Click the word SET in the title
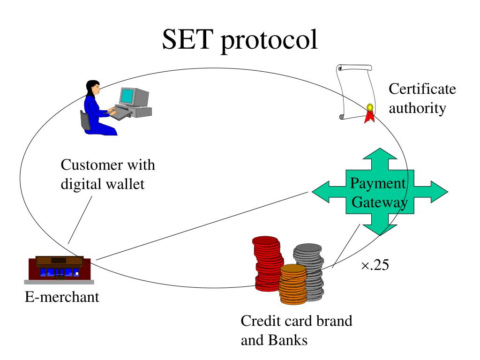[187, 39]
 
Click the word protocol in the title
[269, 41]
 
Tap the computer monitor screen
[127, 96]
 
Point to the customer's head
[93, 88]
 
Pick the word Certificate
[422, 89]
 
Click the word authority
[417, 109]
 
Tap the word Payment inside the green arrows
[378, 184]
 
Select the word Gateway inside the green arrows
[380, 202]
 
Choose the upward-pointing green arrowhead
[380, 154]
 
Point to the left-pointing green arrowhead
[321, 192]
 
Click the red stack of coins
[267, 263]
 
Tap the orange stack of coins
[293, 285]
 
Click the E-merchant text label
[62, 297]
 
